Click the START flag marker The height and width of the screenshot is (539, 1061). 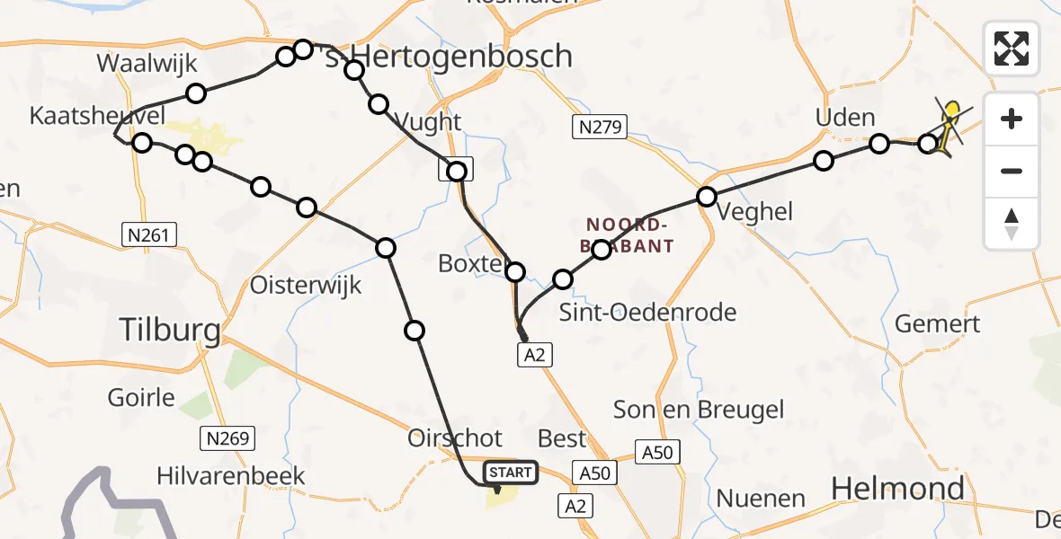click(512, 472)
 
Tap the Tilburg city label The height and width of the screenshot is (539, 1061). click(171, 331)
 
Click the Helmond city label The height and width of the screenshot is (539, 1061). click(897, 489)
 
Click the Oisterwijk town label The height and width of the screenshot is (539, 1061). click(305, 286)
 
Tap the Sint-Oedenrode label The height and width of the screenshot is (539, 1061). click(647, 313)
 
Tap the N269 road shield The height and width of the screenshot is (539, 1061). click(227, 438)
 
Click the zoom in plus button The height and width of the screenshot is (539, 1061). click(1012, 119)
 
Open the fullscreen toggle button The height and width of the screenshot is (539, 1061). click(1012, 49)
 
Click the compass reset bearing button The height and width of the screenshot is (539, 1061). click(1012, 224)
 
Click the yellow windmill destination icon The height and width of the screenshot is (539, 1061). click(948, 126)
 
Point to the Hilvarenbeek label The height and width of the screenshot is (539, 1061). click(231, 475)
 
